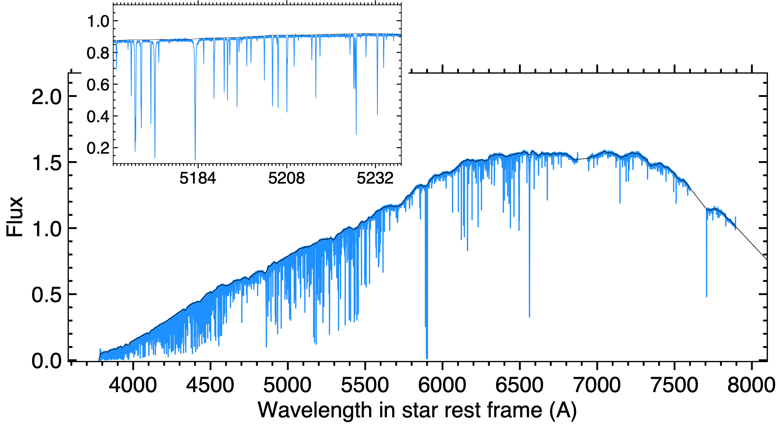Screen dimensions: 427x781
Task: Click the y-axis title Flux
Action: tap(15, 217)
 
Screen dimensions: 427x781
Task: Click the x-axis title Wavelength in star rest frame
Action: tap(417, 410)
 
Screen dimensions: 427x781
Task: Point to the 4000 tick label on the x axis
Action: tap(133, 385)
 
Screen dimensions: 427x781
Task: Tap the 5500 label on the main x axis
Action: tap(365, 385)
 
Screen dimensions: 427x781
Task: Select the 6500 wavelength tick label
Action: tap(519, 385)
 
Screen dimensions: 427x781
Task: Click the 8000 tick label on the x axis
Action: tap(751, 385)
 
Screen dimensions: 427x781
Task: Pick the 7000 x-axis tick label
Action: tap(597, 385)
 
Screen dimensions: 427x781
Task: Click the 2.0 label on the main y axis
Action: tap(47, 97)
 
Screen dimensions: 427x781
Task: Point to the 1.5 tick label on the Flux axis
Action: tap(47, 163)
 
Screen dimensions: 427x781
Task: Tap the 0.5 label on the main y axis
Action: tap(47, 295)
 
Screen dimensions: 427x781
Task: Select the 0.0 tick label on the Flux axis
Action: tap(47, 361)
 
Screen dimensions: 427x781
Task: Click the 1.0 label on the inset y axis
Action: tap(98, 22)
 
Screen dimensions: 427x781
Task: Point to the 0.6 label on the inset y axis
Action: tap(98, 85)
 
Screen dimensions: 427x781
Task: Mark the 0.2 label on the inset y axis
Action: tap(98, 148)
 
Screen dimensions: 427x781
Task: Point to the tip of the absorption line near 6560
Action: tap(529, 317)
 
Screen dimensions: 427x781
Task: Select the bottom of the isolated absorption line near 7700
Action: tap(706, 296)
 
